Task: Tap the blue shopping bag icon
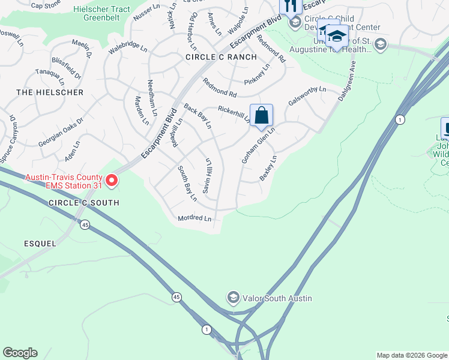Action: point(262,115)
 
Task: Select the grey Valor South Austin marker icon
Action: point(233,297)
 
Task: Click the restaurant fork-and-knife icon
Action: point(291,5)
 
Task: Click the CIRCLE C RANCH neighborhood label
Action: point(221,57)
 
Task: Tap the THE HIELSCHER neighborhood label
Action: point(50,92)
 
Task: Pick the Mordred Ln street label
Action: point(194,218)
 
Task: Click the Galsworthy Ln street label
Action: point(307,97)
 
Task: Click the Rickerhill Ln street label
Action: point(234,113)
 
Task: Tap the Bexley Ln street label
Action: point(268,169)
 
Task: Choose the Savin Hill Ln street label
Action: point(208,175)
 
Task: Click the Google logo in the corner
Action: point(20,353)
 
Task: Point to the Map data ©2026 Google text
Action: point(411,355)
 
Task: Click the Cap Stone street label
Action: point(46,5)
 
